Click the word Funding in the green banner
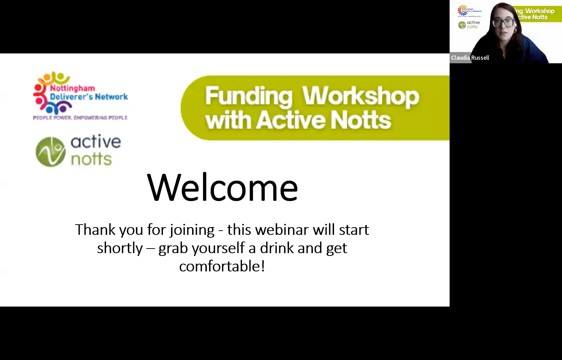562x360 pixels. coord(248,96)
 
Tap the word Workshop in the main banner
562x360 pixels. coord(360,96)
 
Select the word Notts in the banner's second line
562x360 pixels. coord(360,120)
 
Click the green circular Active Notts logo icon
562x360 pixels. coord(51,152)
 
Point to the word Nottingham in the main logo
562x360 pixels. coord(72,88)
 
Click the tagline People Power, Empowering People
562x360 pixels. coord(80,118)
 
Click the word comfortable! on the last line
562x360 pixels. coord(222,266)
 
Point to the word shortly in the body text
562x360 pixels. coord(120,248)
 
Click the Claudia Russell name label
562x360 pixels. coord(470,58)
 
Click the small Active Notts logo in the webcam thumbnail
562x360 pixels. coord(469,25)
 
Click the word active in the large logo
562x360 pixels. coord(96,142)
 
